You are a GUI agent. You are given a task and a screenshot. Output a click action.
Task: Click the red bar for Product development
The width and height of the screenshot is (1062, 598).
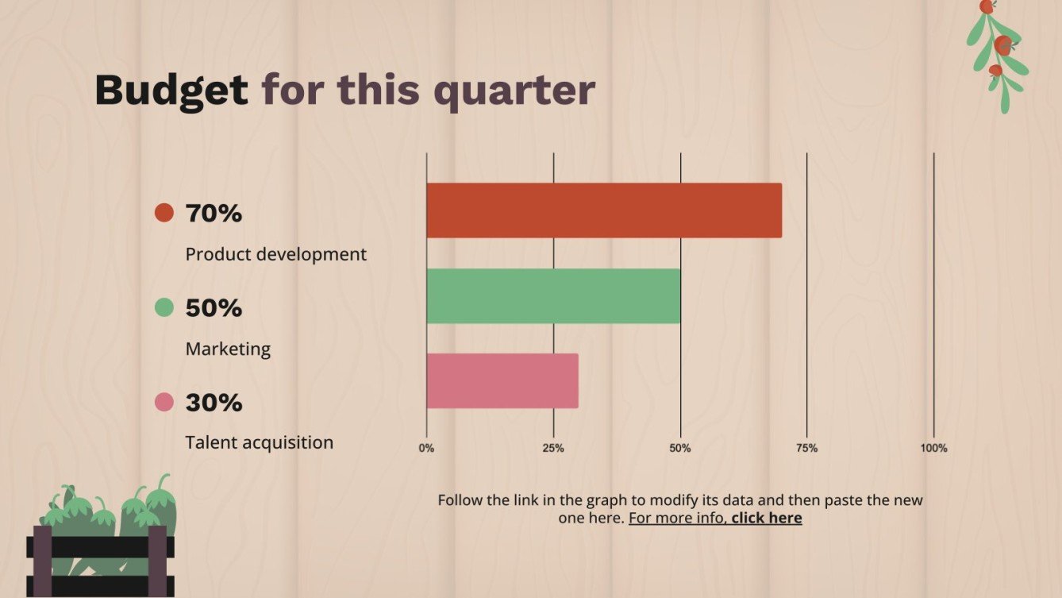(x=603, y=210)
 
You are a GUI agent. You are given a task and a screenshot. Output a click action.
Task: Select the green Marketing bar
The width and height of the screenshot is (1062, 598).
(x=553, y=295)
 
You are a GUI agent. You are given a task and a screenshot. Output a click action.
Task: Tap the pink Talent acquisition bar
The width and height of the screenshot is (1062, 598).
(x=502, y=381)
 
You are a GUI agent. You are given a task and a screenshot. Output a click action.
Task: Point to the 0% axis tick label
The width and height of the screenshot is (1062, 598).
(x=426, y=448)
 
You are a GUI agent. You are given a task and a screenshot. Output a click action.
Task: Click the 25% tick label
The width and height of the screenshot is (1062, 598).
(x=553, y=448)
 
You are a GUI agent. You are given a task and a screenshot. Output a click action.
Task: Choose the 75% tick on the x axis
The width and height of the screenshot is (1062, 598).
(x=806, y=448)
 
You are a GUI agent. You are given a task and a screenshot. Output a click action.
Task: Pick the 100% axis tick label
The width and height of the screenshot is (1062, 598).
(x=933, y=448)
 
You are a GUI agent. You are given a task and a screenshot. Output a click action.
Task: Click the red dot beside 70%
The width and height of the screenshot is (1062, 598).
(x=164, y=213)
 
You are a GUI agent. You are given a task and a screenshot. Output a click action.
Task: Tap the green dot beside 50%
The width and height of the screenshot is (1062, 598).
(x=164, y=307)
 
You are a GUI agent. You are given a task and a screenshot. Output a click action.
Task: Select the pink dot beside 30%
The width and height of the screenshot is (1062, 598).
(x=164, y=402)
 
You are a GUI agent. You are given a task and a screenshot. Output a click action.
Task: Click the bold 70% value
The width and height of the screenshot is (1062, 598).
(x=214, y=213)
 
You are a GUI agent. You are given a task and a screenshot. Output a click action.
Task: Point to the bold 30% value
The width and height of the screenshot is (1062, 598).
(x=214, y=403)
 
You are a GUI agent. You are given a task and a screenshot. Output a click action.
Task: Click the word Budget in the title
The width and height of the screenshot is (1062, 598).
(x=171, y=90)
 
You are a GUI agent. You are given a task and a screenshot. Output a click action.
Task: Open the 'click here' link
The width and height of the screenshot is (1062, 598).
(x=766, y=519)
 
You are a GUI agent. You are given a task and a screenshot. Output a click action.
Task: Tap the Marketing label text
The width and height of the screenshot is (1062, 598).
(x=228, y=349)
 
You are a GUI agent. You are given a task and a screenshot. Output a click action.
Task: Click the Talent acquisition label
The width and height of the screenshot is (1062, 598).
(x=259, y=442)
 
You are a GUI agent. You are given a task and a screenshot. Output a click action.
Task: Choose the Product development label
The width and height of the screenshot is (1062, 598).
(x=275, y=254)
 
